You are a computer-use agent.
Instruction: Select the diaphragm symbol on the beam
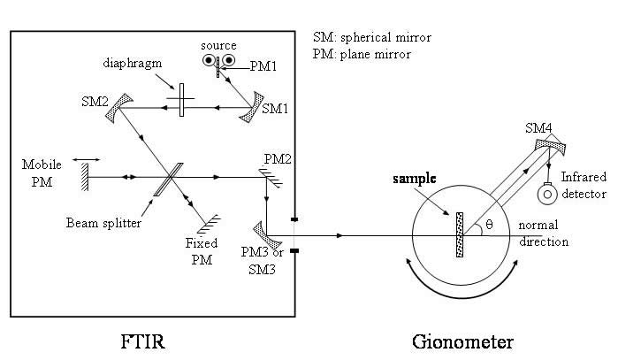click(180, 99)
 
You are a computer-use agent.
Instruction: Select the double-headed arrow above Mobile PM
click(87, 160)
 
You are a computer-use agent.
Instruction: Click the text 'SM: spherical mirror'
click(372, 38)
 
